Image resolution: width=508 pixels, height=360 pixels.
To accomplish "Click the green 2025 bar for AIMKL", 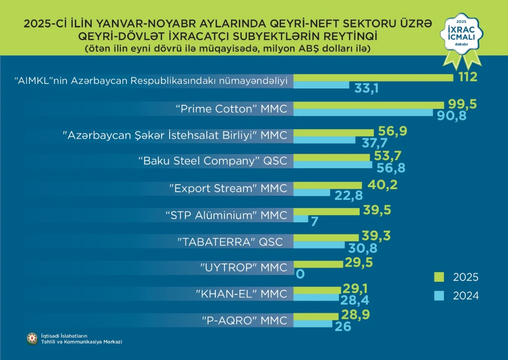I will tap(373, 78).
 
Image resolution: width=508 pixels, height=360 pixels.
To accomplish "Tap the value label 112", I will tap(466, 77).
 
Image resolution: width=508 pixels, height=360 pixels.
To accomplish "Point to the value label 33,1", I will tap(366, 88).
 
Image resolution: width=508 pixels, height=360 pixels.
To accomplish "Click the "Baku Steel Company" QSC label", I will tap(213, 161).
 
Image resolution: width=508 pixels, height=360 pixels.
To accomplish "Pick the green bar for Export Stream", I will tap(328, 185).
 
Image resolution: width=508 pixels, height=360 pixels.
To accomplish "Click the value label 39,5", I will tap(378, 211).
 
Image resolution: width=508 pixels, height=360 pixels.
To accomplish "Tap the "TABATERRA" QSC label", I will tap(230, 242).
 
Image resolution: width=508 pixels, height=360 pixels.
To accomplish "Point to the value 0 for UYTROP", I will tap(300, 274).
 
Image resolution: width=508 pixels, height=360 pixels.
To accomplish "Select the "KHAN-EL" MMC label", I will tap(241, 294).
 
